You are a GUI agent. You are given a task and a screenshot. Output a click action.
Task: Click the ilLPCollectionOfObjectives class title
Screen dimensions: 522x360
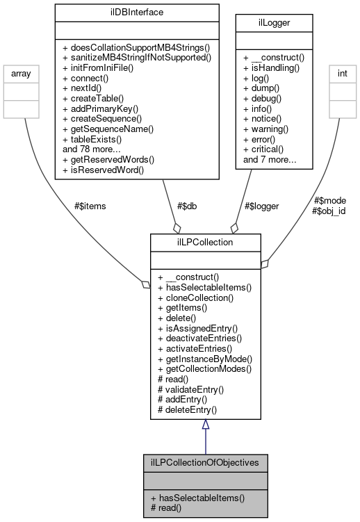204,462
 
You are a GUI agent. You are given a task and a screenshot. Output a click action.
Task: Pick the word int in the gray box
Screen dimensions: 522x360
343,71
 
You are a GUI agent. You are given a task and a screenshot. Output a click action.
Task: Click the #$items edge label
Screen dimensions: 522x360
90,206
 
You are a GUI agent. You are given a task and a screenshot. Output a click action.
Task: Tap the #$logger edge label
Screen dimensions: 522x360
261,206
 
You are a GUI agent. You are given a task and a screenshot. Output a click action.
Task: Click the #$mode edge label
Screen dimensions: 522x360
330,200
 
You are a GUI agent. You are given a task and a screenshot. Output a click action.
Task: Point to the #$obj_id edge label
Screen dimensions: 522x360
329,211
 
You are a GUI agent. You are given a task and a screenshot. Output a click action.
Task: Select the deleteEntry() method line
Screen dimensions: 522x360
188,410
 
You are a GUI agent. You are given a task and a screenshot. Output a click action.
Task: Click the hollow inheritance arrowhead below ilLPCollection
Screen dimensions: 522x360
205,425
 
